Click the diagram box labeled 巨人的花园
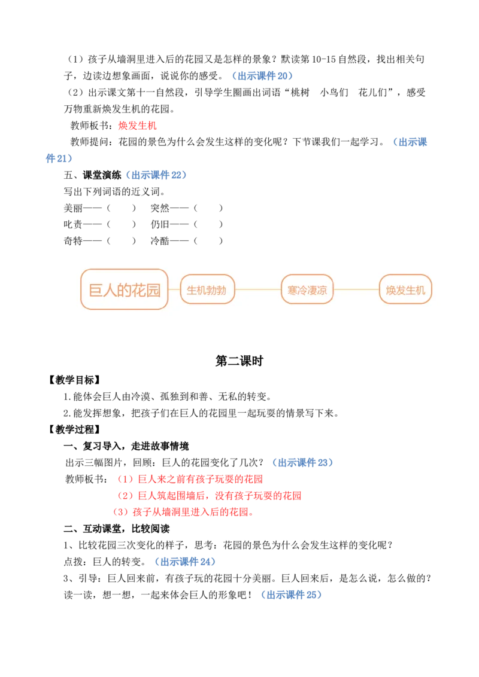coord(124,289)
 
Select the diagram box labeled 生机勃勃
coord(207,289)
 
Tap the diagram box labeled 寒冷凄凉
coord(307,289)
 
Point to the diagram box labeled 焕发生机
coord(405,289)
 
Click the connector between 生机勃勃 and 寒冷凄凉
coord(257,289)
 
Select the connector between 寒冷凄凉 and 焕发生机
coord(356,289)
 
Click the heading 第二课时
coord(239,361)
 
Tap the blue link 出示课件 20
coord(262,76)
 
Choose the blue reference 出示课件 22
coord(156,175)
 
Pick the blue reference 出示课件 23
coord(302,462)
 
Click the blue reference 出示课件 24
coord(185,562)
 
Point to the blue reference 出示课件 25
coord(292,594)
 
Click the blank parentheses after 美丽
coord(122,208)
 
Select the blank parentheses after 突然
coord(208,208)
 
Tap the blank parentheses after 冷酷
coord(208,241)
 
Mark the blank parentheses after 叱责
coord(122,224)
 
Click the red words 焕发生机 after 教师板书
coord(138,126)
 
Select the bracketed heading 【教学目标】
coord(74,380)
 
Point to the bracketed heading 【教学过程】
coord(74,429)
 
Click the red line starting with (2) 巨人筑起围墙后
coord(208,496)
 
